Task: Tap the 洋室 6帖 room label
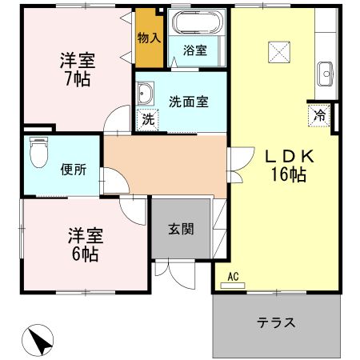pos(83,244)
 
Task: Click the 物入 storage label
pos(149,37)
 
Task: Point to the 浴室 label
pos(195,50)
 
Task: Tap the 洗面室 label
pos(189,102)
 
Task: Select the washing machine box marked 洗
pos(148,121)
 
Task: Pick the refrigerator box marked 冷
pos(318,114)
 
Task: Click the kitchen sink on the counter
pos(325,74)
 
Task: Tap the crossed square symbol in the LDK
pos(279,51)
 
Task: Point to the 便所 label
pos(73,170)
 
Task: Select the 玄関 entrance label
pos(180,228)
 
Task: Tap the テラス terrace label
pos(277,323)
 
